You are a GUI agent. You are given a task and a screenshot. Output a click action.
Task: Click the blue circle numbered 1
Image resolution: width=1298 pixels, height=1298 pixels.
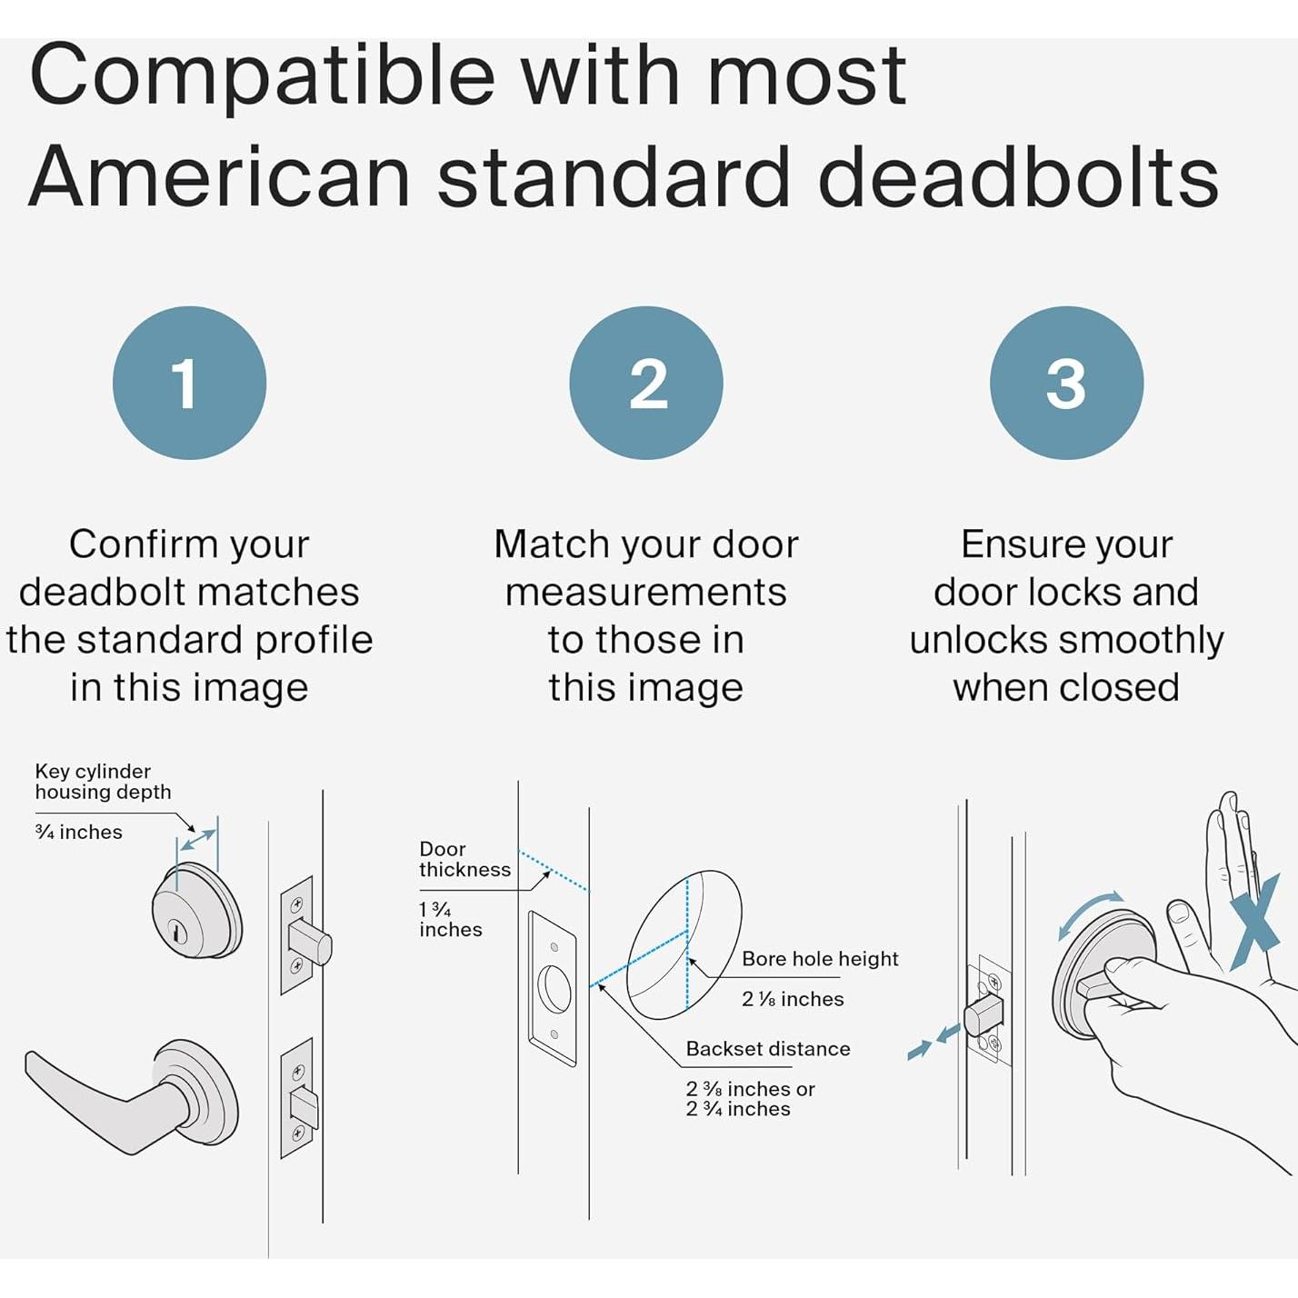point(189,383)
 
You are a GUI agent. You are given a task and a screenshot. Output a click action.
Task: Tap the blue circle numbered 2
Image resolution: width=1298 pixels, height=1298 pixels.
point(646,383)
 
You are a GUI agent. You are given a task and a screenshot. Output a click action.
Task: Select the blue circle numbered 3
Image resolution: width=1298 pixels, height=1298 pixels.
point(1067,383)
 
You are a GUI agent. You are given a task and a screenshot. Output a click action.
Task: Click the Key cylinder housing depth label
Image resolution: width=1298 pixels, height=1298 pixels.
point(103,782)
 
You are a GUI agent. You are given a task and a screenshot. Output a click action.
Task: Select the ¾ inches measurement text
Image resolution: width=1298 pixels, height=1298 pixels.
point(79,833)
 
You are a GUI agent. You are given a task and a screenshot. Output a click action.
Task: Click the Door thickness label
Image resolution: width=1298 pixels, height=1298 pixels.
point(464,859)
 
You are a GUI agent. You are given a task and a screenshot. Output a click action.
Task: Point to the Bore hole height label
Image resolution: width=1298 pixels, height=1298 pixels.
point(821,959)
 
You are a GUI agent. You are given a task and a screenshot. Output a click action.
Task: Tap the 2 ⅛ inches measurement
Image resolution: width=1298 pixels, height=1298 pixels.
point(793,999)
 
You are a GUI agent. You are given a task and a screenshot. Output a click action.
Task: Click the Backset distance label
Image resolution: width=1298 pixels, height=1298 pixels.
point(768,1049)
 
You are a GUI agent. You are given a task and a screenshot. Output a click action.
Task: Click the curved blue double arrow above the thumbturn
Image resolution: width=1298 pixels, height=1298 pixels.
point(1088,911)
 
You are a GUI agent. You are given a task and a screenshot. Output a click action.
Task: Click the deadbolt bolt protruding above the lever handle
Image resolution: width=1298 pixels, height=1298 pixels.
point(310,942)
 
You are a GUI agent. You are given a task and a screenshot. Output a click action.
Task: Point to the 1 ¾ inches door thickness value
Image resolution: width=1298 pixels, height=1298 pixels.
point(451,920)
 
